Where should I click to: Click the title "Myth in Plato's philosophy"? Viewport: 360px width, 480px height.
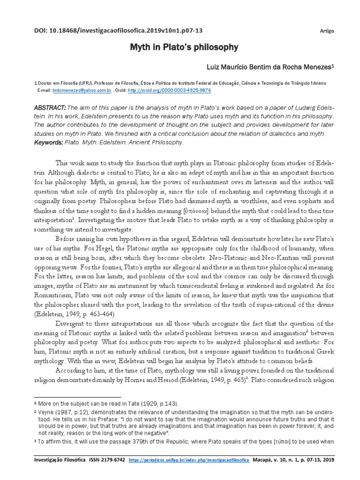[x=180, y=47]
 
